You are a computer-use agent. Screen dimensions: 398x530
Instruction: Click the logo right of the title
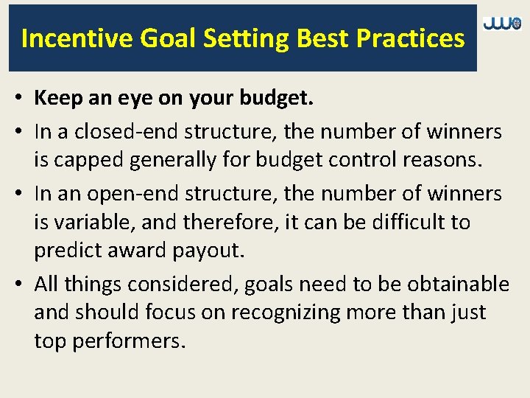502,24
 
